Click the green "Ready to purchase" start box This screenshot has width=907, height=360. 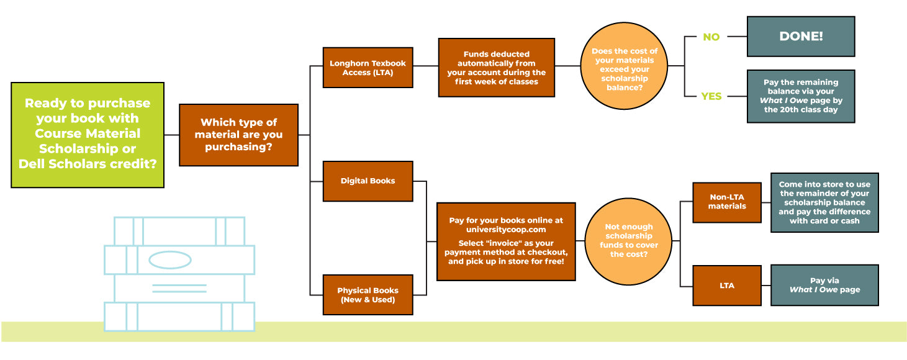pos(88,135)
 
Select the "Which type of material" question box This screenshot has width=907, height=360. pos(238,135)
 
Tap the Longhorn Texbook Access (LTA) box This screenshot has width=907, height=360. pos(368,68)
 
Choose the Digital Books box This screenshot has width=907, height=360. pos(368,181)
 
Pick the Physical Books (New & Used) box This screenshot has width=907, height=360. pos(368,295)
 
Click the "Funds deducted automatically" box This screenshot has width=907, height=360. pos(497,68)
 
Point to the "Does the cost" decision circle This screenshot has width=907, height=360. pos(624,66)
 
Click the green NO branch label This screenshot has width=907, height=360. pos(711,37)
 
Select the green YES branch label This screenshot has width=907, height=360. pos(711,96)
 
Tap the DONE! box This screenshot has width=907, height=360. pos(801,37)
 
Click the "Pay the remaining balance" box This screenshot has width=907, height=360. pos(801,96)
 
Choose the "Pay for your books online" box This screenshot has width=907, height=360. pos(506,241)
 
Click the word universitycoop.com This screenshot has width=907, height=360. pos(506,230)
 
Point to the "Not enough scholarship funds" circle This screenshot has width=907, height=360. pos(628,241)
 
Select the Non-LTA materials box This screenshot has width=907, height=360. pos(727,202)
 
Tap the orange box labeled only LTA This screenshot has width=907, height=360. pos(727,286)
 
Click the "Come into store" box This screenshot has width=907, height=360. pos(824,202)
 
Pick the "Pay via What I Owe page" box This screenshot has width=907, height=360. pos(824,285)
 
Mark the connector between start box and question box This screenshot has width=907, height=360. pos(172,135)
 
